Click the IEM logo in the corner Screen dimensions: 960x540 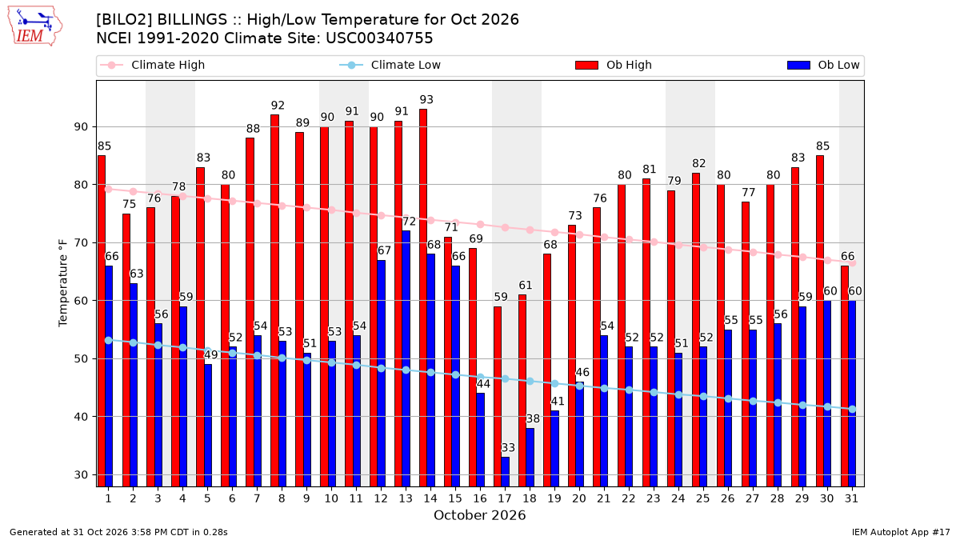[x=35, y=26]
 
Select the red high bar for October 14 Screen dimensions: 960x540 [x=423, y=298]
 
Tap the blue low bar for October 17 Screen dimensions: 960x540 [x=506, y=472]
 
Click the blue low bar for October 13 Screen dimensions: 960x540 [x=406, y=358]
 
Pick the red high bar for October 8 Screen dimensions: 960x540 [x=274, y=301]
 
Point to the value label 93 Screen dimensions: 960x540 [x=426, y=99]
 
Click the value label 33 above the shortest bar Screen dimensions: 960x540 [x=508, y=447]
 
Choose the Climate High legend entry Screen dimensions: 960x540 [x=152, y=65]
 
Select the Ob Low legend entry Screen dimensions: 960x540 [x=823, y=65]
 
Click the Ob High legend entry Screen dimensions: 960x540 [x=614, y=65]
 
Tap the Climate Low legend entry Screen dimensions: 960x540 [x=390, y=65]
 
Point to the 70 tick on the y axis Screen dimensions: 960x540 [x=81, y=243]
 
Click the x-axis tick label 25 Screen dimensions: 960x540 [x=703, y=498]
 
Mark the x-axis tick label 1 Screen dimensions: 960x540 [x=109, y=498]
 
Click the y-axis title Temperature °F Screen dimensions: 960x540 [x=63, y=283]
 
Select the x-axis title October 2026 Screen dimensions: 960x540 [x=479, y=515]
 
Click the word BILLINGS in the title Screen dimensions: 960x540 [x=191, y=20]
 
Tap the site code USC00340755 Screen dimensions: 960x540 [x=379, y=38]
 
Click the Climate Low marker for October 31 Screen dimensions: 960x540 [x=852, y=410]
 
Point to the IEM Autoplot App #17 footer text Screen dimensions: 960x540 [x=901, y=532]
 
